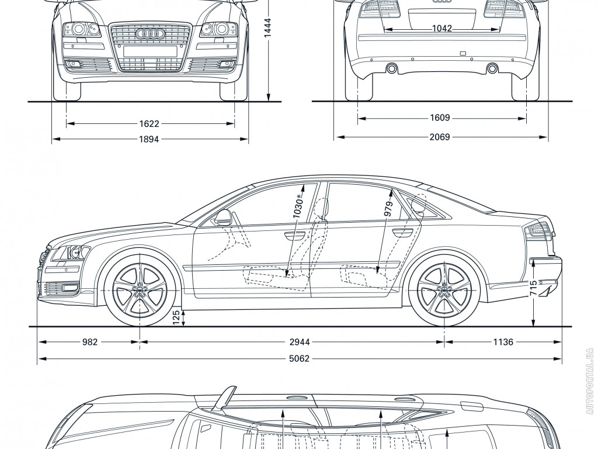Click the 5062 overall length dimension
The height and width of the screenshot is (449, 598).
[x=299, y=359]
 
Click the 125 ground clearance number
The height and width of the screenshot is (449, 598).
[x=176, y=317]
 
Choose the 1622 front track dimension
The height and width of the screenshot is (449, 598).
[x=150, y=124]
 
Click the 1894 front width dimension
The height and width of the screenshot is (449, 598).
[x=150, y=139]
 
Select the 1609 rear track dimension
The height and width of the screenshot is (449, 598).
[x=440, y=118]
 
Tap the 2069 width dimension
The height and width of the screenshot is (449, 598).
[x=440, y=137]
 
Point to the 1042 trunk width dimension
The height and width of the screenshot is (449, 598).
[x=442, y=28]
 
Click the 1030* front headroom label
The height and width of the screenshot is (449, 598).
[x=298, y=206]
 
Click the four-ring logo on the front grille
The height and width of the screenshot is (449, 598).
[x=150, y=33]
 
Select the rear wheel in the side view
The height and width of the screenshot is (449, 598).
[x=443, y=290]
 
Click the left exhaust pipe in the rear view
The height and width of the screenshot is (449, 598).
[x=391, y=69]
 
